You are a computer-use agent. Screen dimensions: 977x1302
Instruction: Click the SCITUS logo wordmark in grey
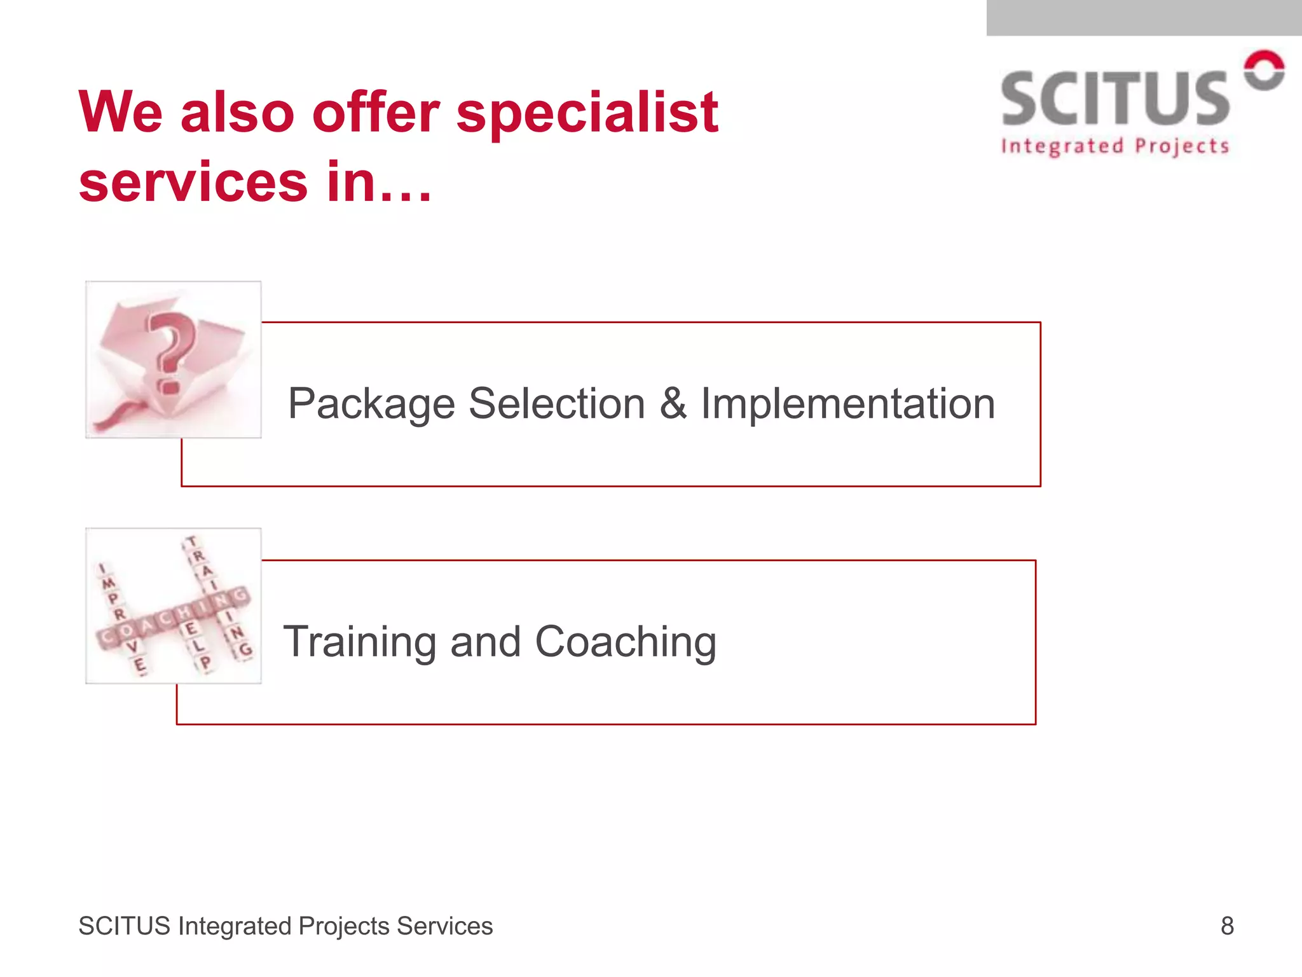(1115, 99)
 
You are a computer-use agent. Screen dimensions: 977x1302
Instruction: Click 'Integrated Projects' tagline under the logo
(1115, 146)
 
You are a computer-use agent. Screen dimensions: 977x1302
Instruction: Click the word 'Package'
(371, 405)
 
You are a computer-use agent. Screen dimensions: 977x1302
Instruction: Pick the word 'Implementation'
(847, 405)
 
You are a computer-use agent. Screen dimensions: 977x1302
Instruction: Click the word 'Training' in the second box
(359, 642)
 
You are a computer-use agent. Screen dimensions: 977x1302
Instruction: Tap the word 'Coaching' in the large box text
(626, 642)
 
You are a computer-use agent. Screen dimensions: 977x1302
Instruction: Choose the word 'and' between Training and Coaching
(486, 642)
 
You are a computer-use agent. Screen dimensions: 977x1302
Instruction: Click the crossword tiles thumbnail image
(174, 606)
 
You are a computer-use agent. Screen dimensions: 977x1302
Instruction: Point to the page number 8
(1227, 926)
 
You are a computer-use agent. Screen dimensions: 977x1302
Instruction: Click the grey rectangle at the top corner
(1144, 18)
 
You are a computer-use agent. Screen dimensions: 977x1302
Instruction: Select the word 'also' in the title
(237, 113)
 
